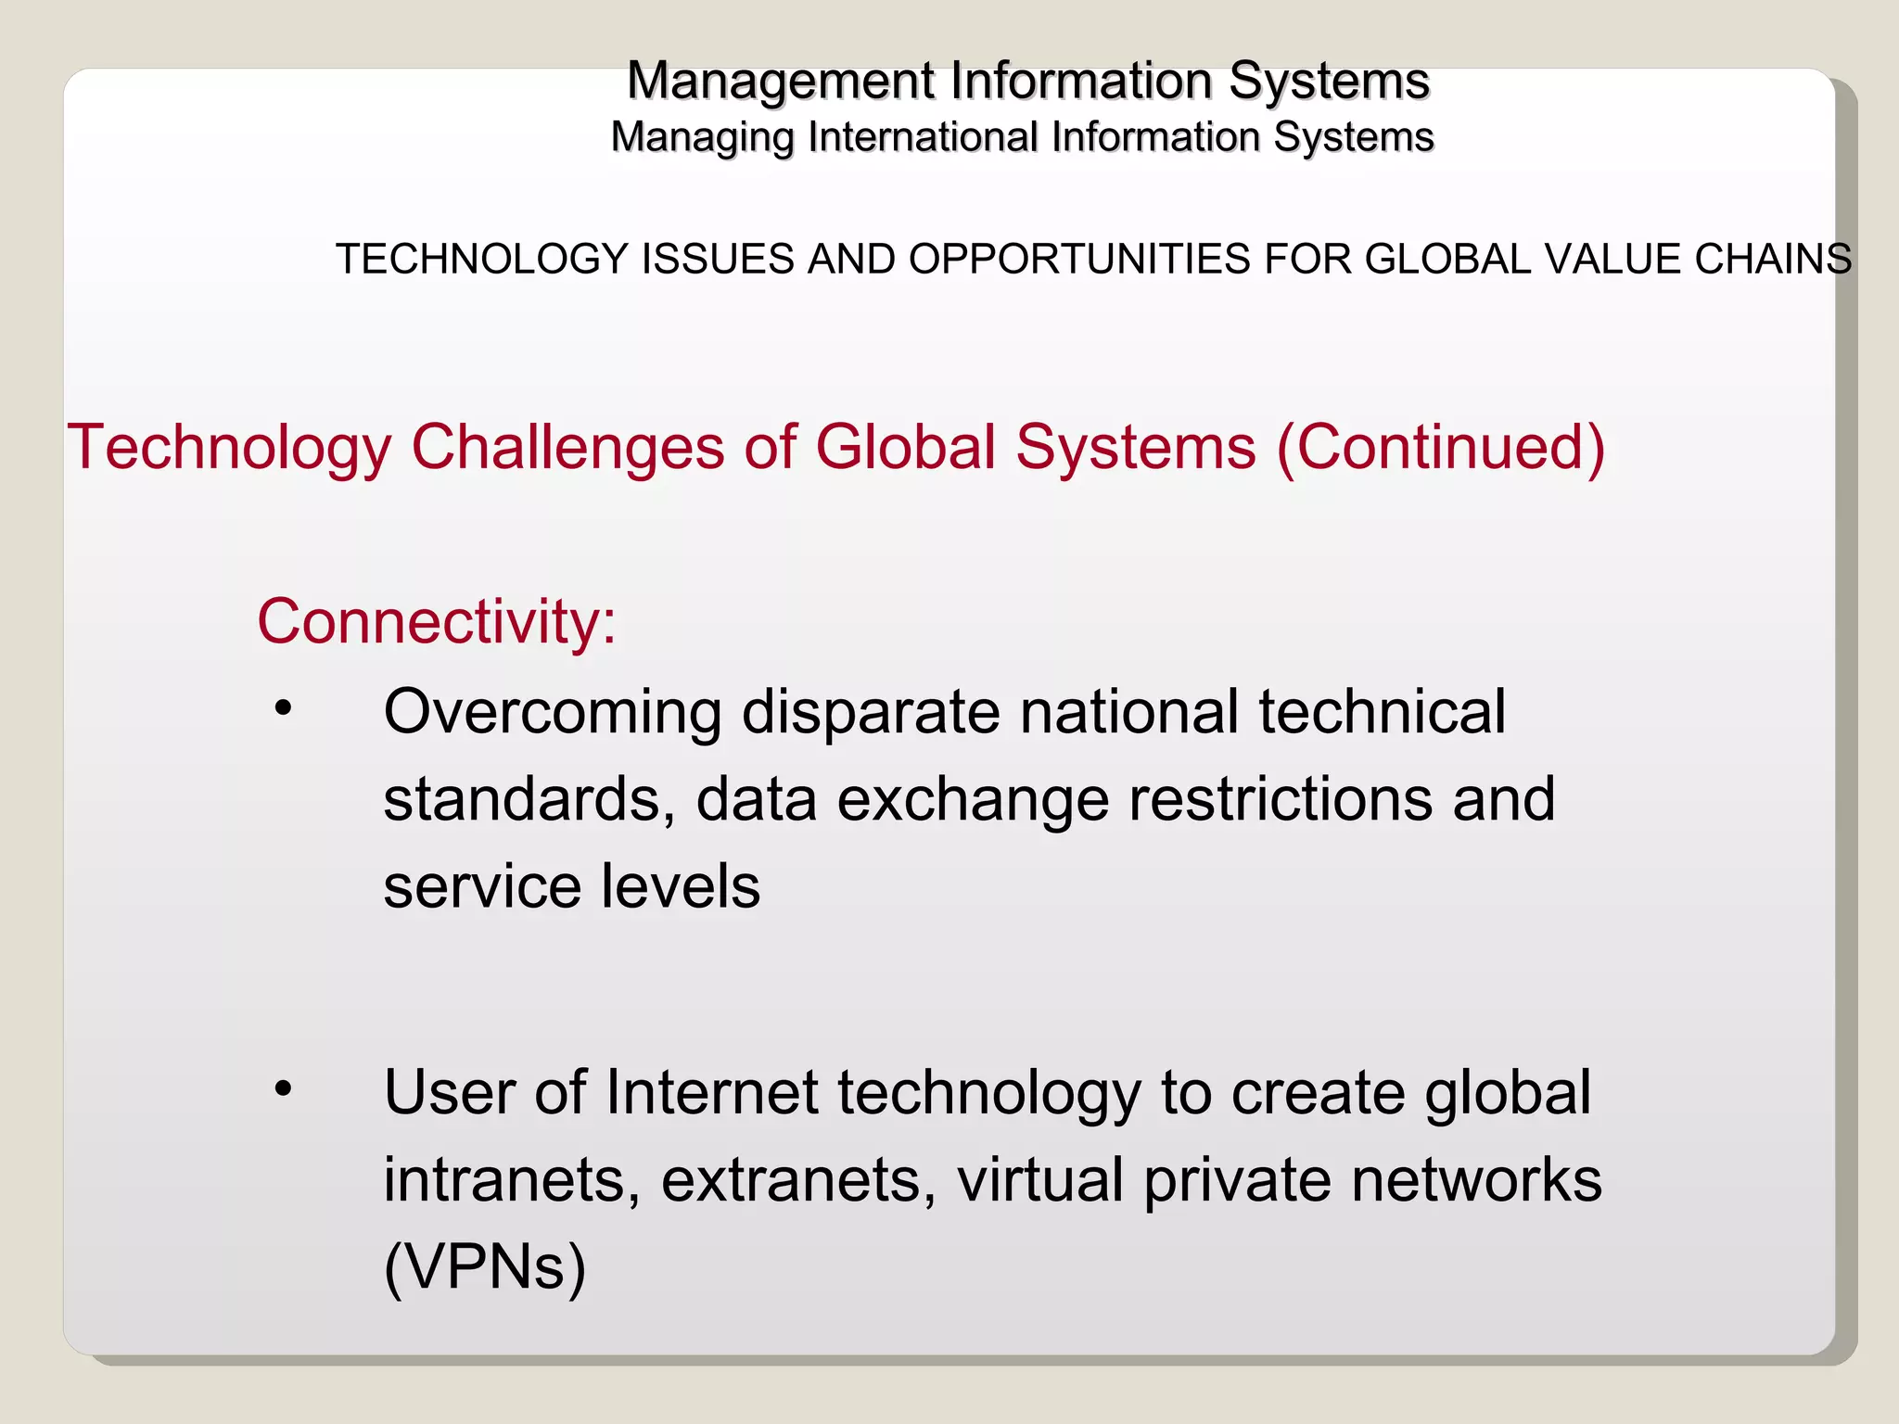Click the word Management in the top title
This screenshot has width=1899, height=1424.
tap(782, 82)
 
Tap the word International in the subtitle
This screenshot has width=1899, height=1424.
tap(923, 137)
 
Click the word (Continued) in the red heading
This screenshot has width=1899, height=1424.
tap(1440, 450)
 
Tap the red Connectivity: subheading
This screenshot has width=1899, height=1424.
tap(437, 621)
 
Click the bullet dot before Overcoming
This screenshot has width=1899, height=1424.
tap(283, 709)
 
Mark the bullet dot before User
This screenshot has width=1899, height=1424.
tap(283, 1088)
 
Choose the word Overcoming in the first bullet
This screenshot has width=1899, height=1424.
tap(553, 714)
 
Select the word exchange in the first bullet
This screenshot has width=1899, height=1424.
tap(973, 801)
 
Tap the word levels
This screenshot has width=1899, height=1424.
tap(680, 886)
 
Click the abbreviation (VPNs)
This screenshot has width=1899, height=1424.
tap(485, 1266)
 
